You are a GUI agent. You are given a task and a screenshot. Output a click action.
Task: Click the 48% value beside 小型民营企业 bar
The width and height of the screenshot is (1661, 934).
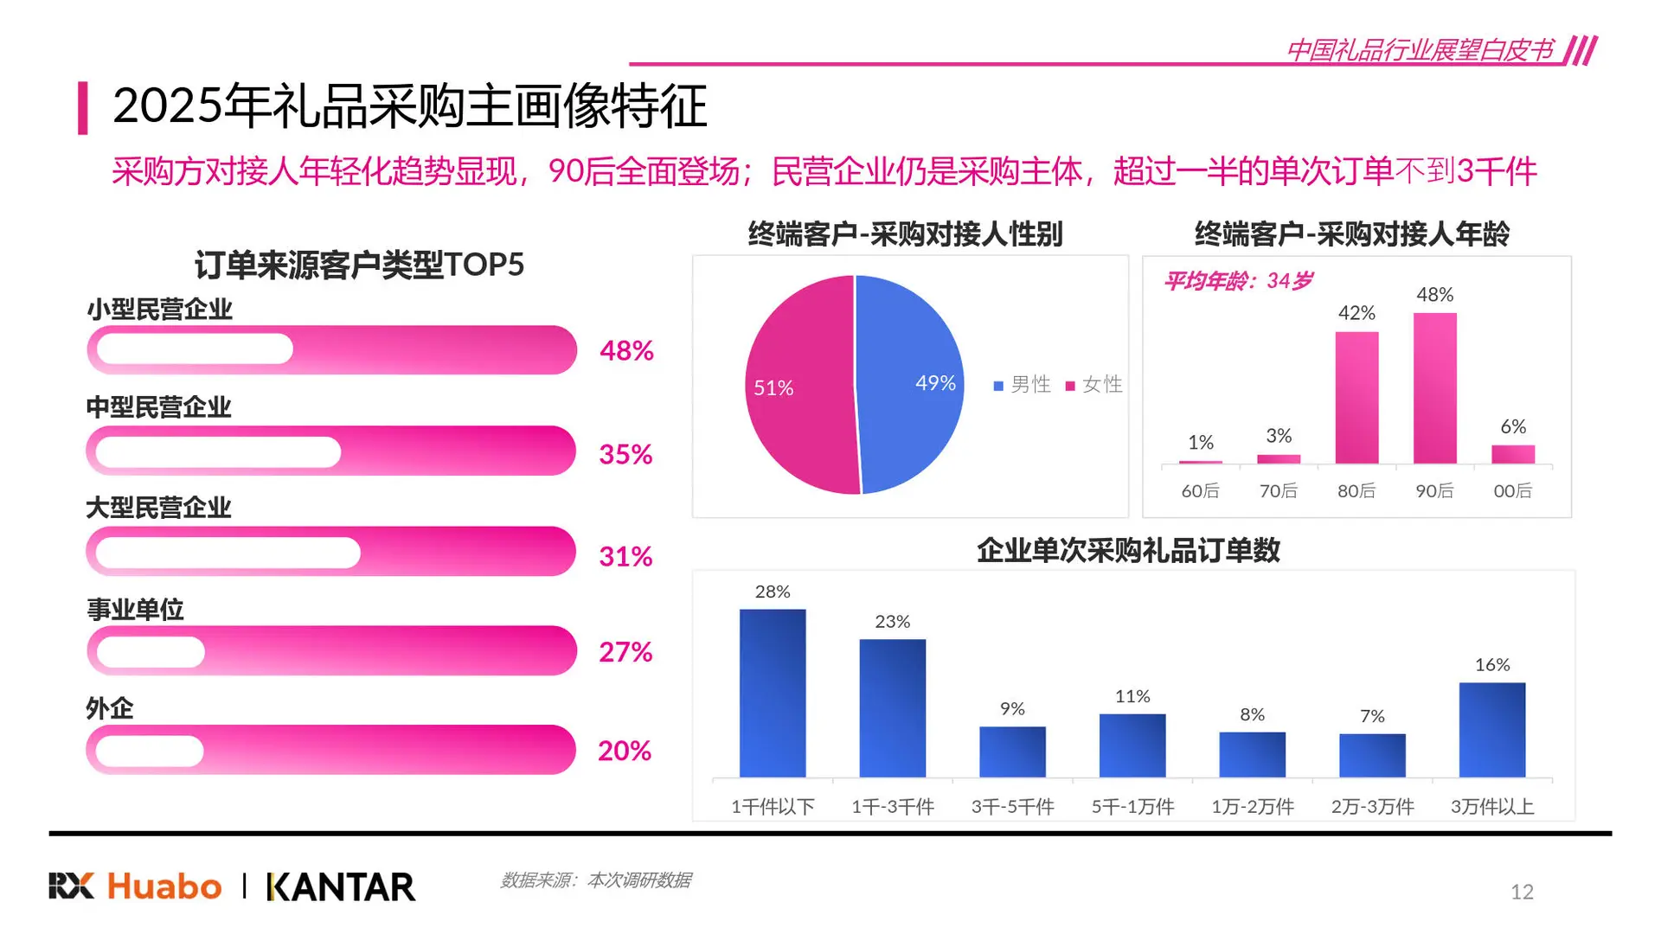626,350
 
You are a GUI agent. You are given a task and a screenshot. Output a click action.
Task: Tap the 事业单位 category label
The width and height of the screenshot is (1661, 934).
135,610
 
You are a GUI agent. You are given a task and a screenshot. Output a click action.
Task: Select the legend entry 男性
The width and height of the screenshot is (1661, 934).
1023,384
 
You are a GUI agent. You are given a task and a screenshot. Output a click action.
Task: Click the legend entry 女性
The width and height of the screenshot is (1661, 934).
1094,384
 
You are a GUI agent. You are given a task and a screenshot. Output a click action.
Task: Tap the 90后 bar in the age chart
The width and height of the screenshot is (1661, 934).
1434,388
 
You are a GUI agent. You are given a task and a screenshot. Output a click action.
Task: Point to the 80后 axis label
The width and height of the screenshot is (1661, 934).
1356,491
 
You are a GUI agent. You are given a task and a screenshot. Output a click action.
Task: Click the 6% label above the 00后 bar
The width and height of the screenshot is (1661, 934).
1512,426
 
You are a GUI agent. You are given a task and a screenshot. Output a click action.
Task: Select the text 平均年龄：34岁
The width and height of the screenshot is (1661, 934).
1237,281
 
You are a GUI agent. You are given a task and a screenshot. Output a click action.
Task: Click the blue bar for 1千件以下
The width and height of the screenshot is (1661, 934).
773,693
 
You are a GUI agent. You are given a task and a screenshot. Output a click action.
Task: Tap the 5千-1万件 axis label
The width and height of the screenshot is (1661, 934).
1132,807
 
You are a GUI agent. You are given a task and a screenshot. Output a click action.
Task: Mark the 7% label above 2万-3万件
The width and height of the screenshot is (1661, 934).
1372,716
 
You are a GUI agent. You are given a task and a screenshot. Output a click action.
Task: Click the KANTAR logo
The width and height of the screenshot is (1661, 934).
341,886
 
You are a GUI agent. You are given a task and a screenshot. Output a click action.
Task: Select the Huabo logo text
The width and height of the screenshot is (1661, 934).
164,886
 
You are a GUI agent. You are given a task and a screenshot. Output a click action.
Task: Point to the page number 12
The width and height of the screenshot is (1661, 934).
1522,892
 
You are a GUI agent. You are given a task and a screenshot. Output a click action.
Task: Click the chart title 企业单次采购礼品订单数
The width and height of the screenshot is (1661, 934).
1128,551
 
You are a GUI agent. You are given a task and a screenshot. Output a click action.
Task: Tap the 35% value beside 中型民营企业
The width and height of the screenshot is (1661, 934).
625,454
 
